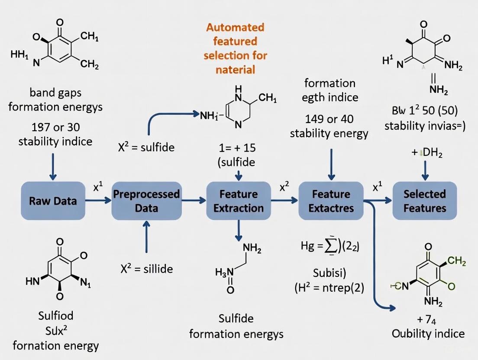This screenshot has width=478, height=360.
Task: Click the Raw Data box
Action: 53,200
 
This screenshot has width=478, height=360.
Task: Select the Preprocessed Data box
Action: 146,201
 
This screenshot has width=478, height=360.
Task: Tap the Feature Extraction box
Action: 238,201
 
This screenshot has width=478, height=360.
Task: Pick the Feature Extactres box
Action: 331,201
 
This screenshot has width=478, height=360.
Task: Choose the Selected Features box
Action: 424,201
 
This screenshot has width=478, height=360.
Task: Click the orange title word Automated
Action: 235,28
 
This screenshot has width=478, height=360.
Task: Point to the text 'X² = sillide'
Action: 146,269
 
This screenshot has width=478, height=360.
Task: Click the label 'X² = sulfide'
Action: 146,147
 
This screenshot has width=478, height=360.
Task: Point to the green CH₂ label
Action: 456,261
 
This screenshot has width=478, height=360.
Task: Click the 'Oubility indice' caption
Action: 428,334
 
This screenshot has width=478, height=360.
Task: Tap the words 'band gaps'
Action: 55,92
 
